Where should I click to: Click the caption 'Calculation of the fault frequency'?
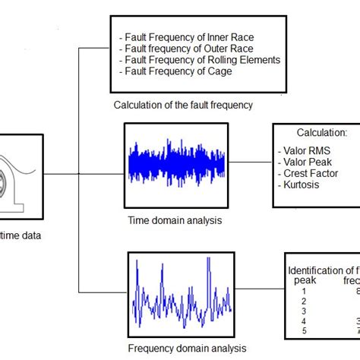click(183, 106)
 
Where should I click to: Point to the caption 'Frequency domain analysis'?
click(187, 348)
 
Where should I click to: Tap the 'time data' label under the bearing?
click(21, 235)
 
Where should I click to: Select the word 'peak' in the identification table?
click(304, 280)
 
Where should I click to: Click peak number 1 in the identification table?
click(304, 291)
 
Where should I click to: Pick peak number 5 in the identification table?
click(304, 330)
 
